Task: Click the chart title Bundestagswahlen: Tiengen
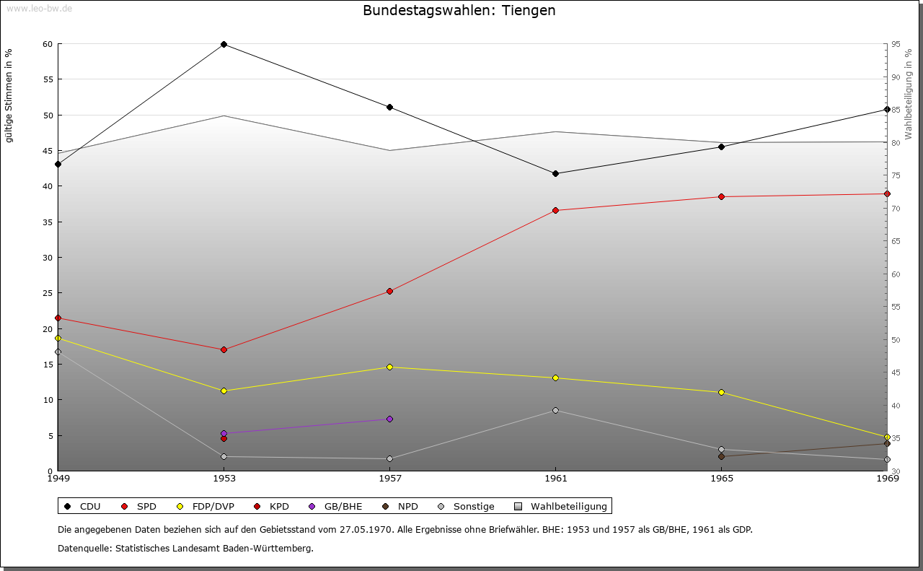[x=459, y=11]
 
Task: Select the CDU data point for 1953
[x=224, y=44]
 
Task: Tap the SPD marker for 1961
[x=555, y=210]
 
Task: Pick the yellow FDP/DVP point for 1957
[x=389, y=367]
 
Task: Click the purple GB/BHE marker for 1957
[x=389, y=419]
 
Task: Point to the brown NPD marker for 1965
[x=721, y=456]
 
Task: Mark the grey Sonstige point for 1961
[x=555, y=410]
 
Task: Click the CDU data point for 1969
[x=887, y=109]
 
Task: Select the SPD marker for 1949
[x=58, y=318]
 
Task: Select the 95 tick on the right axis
[x=895, y=44]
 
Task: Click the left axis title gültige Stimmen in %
[x=9, y=95]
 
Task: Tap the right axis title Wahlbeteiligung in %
[x=909, y=95]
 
